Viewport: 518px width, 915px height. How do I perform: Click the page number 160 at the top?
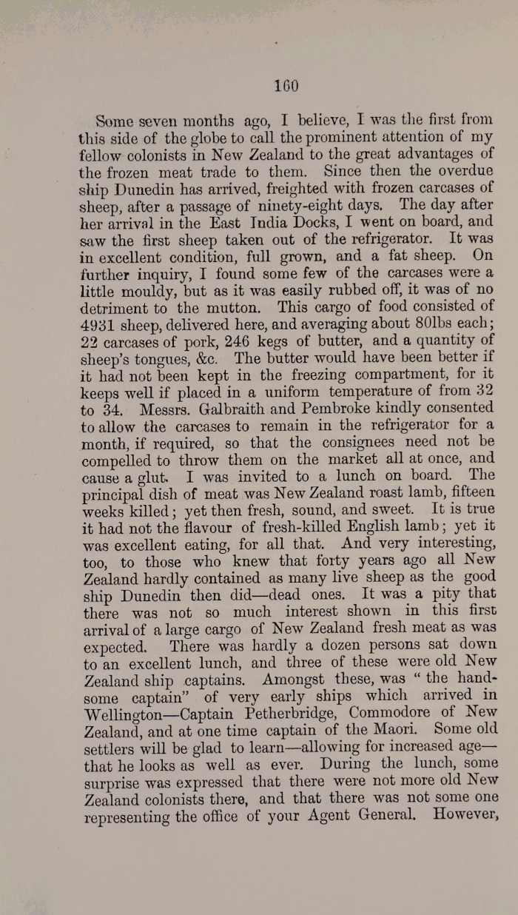[x=285, y=86]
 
